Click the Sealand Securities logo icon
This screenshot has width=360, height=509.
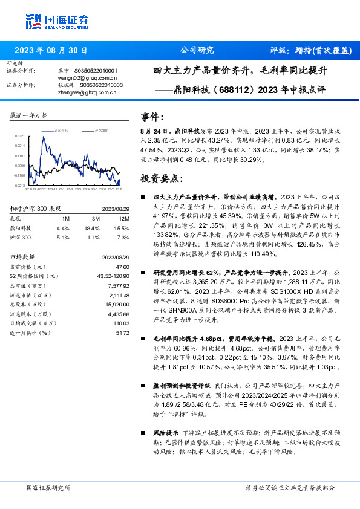[33, 19]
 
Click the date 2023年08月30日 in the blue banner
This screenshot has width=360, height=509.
[51, 50]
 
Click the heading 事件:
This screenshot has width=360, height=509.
[152, 117]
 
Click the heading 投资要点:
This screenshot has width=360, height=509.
[161, 179]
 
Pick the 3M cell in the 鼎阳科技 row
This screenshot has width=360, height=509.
[96, 229]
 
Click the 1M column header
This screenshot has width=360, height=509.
[66, 219]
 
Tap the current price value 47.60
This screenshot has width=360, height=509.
[123, 267]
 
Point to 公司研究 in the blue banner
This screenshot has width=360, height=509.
[197, 50]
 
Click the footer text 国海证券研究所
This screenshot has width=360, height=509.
[48, 487]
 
